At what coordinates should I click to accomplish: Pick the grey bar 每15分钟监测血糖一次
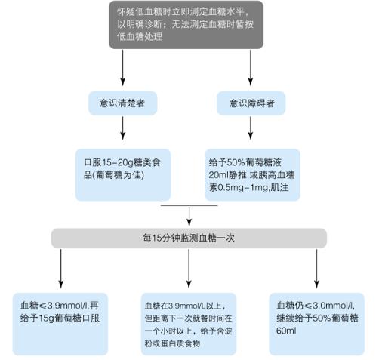(x=189, y=237)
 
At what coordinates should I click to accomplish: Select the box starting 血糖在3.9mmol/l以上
(x=189, y=318)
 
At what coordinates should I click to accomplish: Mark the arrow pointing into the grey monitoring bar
(x=189, y=214)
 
